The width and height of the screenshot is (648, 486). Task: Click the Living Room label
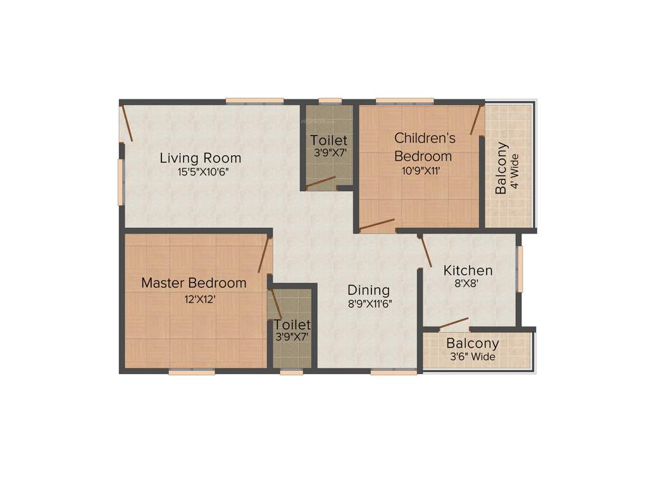coord(200,158)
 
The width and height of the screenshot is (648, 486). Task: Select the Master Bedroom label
coord(194,283)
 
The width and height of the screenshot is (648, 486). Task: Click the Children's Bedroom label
coord(423,146)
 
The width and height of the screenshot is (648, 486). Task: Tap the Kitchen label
coord(468,270)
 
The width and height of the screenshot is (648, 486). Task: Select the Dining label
coord(369,290)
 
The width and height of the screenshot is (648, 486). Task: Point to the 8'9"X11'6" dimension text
coord(369,304)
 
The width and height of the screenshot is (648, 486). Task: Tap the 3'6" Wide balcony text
coord(472,357)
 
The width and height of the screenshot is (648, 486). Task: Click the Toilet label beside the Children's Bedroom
coord(328,140)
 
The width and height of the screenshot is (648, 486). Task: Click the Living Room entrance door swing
coord(127,123)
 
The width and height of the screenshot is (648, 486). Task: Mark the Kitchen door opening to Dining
coord(426,251)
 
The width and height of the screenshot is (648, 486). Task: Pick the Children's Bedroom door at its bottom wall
coord(377,225)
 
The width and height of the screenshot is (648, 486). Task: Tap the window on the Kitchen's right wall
coord(520,269)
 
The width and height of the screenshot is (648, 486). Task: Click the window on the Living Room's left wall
coord(120,182)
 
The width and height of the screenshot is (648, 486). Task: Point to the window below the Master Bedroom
coord(190,372)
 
